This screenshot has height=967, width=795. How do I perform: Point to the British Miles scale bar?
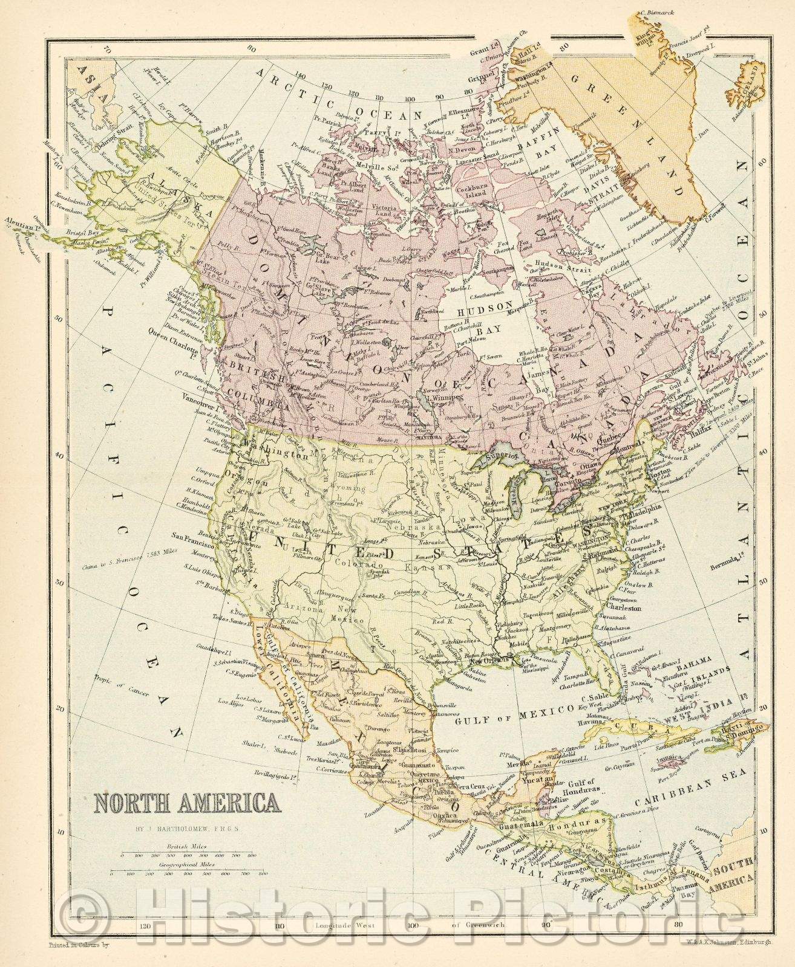(x=188, y=855)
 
